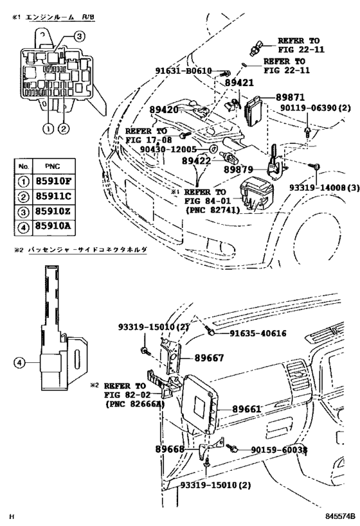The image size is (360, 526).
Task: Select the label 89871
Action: tap(291, 96)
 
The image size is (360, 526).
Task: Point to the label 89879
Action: tap(240, 169)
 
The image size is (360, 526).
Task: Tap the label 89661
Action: tap(246, 408)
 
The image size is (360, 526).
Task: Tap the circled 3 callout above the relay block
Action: tap(78, 37)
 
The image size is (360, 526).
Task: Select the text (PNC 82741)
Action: tap(213, 209)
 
